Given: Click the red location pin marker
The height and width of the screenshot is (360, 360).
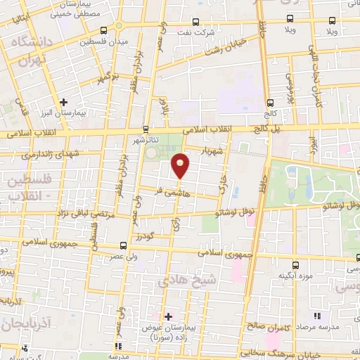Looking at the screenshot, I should click(181, 166).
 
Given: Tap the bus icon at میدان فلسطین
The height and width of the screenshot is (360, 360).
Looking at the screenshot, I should click(104, 30).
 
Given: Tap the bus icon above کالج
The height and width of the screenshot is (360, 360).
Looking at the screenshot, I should click(271, 102).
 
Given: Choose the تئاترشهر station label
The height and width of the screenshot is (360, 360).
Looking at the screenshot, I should click(146, 139).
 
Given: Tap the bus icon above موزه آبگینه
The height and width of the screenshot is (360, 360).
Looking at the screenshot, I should click(295, 265).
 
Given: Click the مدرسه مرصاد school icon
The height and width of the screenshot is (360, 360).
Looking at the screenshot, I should click(316, 316).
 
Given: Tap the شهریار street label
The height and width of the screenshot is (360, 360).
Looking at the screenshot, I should click(210, 150).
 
